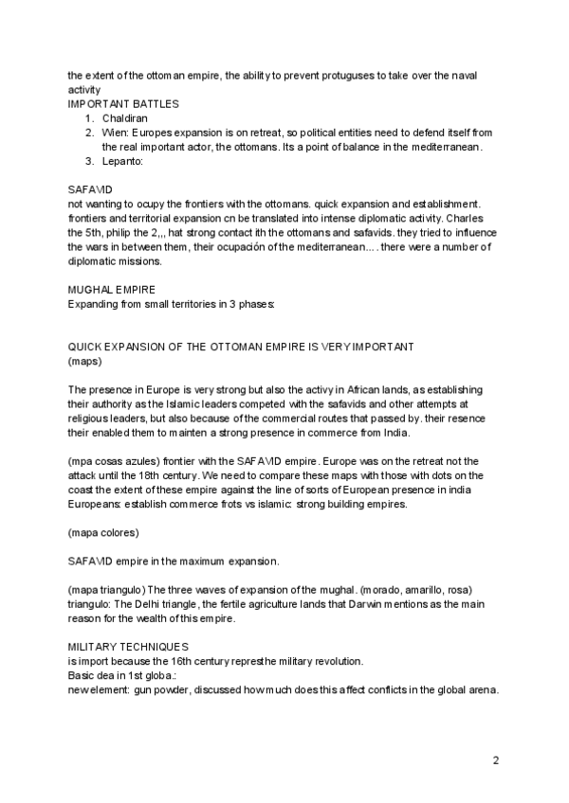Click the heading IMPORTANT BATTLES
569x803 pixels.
click(x=123, y=102)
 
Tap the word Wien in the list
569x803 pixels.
click(x=114, y=133)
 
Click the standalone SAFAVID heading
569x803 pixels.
click(x=91, y=189)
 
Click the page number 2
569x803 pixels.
click(x=496, y=759)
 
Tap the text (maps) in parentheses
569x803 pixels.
click(x=85, y=362)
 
